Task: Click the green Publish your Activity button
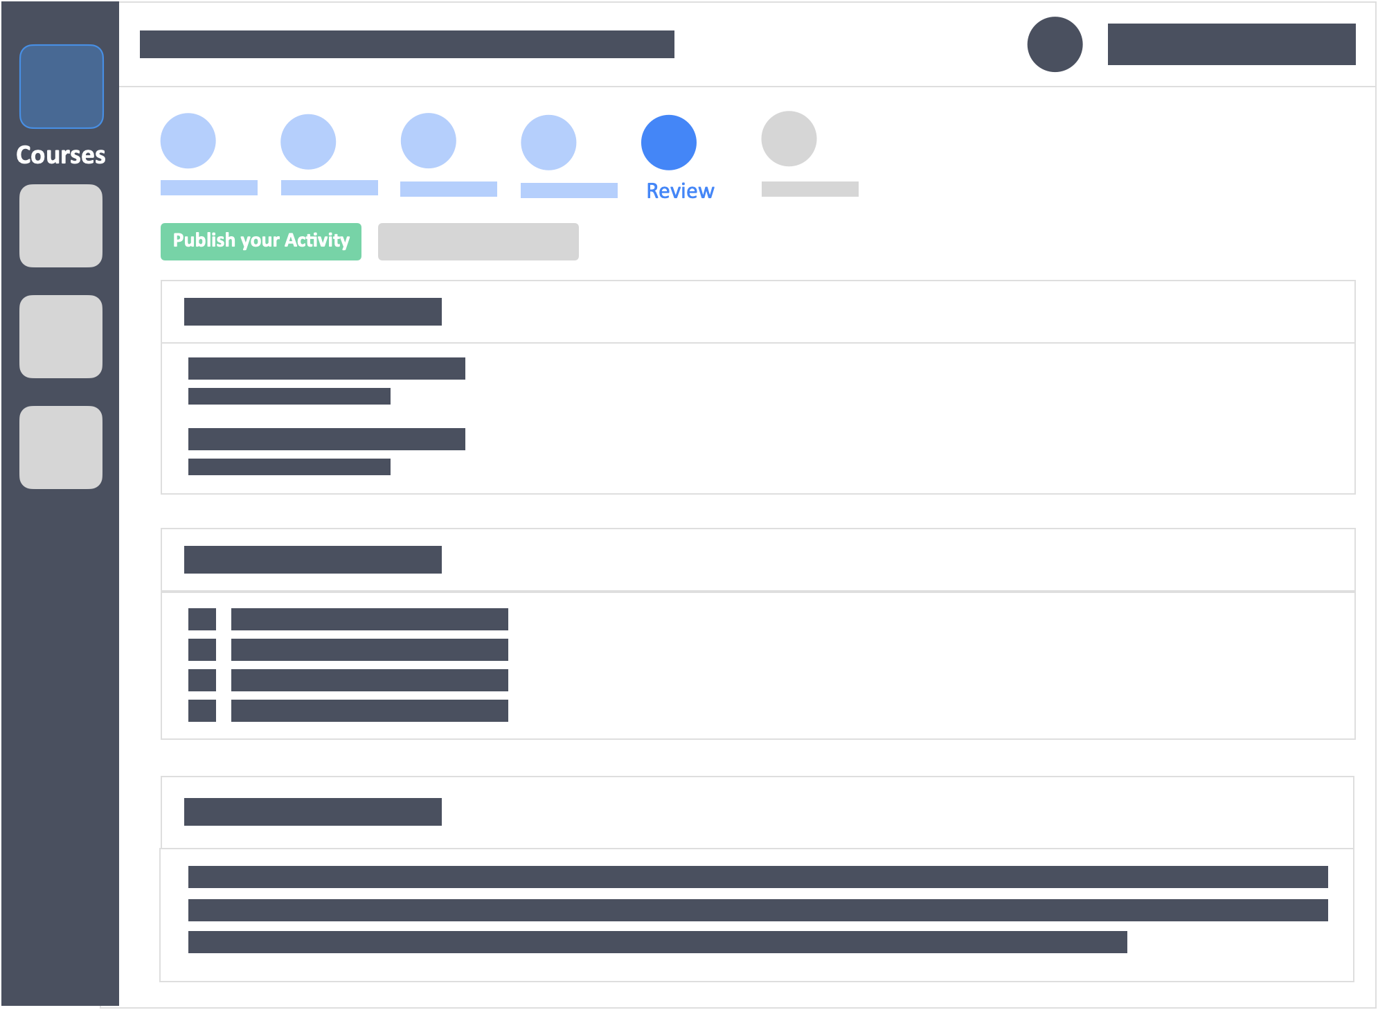261,241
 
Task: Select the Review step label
680,191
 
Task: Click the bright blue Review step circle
669,143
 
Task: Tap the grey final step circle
789,139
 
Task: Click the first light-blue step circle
188,141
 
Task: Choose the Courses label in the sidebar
61,154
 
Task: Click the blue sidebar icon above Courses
62,87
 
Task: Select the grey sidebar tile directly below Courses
61,226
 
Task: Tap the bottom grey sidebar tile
61,448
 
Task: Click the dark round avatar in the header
1055,44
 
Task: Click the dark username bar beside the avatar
1232,44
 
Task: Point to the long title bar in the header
407,44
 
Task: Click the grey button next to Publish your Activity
478,242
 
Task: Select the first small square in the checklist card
202,619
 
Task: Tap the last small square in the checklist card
202,711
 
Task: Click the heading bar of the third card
313,812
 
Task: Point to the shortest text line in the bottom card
658,942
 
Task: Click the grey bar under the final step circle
810,189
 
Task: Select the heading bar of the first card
313,312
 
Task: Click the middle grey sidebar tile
61,337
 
